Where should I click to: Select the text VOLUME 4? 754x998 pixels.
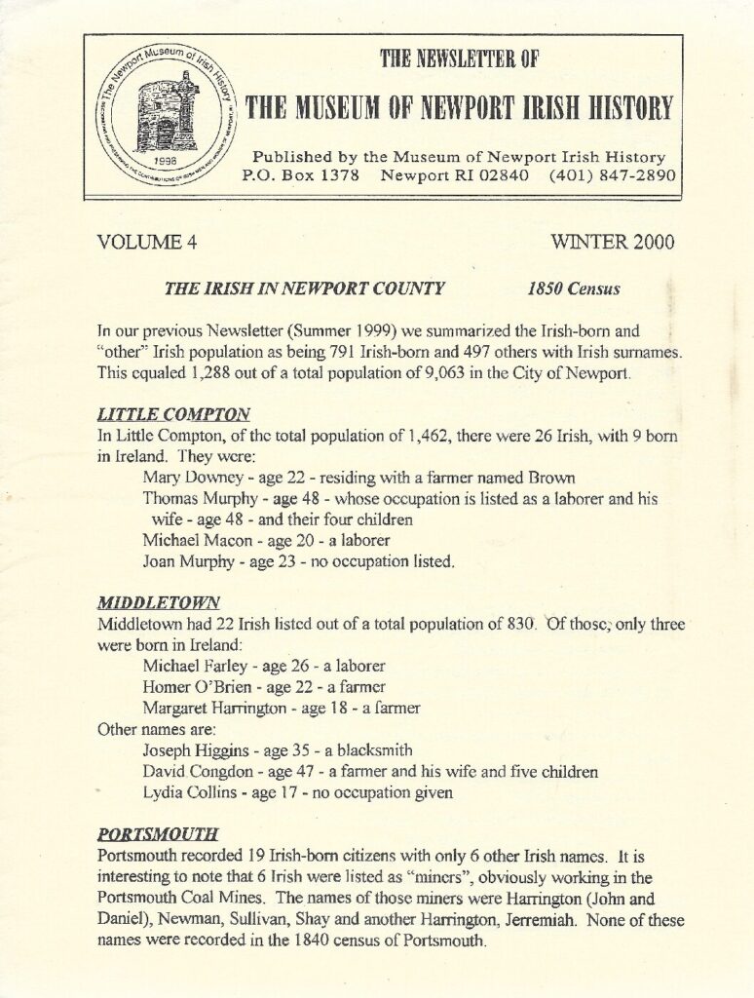148,243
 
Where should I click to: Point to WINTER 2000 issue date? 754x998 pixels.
612,242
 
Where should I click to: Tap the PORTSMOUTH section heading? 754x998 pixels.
158,835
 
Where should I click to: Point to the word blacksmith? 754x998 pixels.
375,750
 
